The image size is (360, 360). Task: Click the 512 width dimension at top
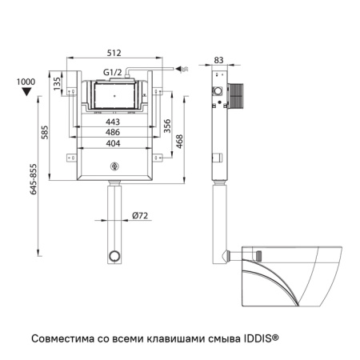tap(112, 54)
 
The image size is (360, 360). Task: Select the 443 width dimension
tap(112, 122)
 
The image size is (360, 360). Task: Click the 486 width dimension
tap(112, 132)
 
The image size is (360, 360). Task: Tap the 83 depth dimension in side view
tap(220, 60)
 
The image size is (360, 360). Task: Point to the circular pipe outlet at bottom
tap(114, 257)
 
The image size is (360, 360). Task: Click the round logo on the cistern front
tap(113, 166)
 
